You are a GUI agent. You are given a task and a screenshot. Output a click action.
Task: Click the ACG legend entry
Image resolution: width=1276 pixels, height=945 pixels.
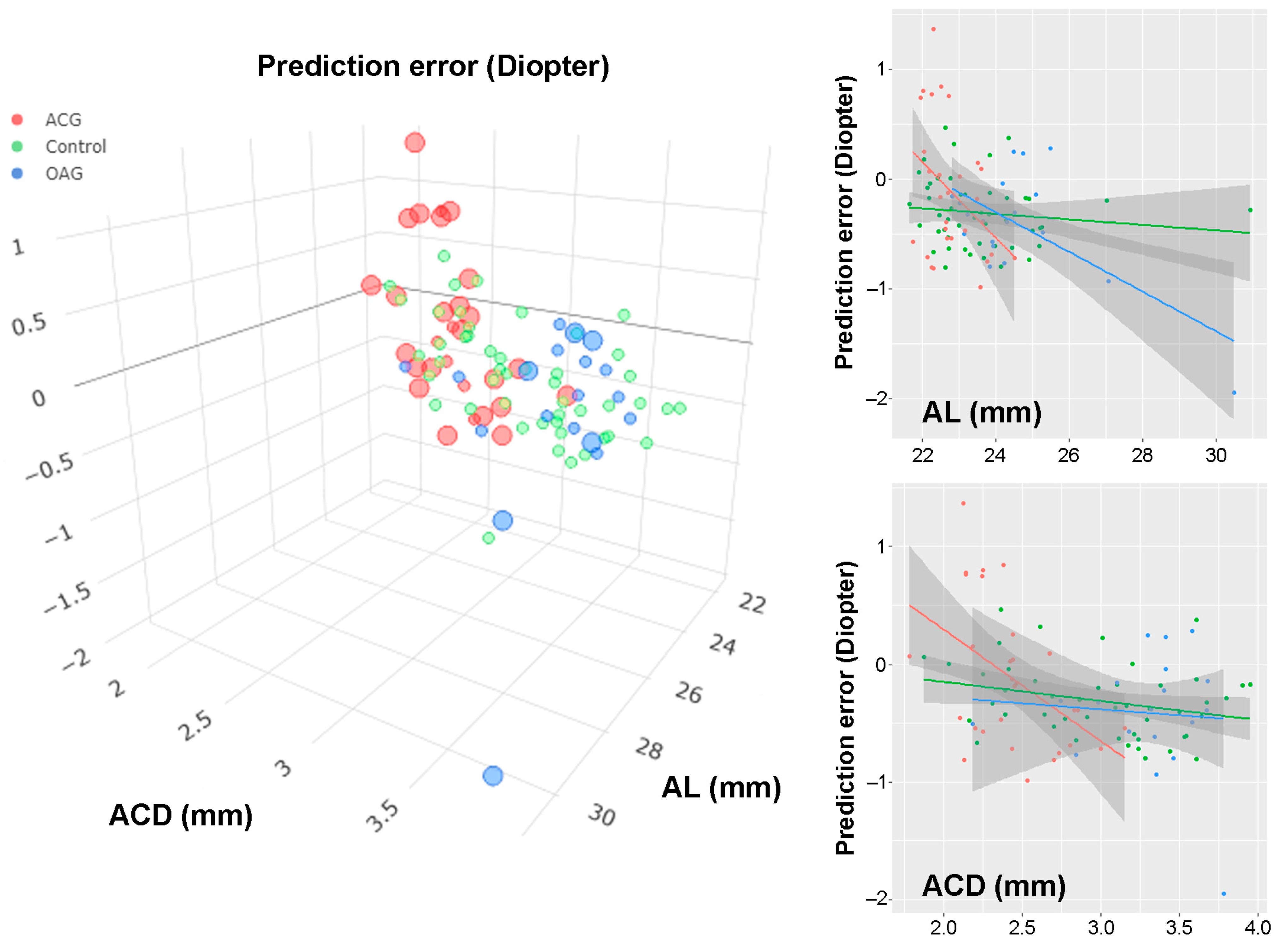[x=63, y=120]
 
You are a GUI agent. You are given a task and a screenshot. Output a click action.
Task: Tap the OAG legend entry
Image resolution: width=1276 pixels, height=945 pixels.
[x=64, y=173]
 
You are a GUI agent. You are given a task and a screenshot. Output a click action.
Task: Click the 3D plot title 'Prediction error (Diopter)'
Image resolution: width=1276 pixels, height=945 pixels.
[x=433, y=66]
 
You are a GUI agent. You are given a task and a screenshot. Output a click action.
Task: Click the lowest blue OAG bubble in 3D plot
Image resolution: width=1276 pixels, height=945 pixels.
[x=492, y=776]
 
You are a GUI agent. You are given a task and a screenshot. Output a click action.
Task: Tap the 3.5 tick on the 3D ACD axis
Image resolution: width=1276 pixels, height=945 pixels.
[x=382, y=817]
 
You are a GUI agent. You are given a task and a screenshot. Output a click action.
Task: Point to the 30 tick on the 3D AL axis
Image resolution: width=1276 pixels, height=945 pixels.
[x=601, y=814]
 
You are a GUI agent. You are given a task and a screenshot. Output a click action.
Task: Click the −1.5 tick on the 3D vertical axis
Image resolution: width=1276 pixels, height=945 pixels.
[x=67, y=598]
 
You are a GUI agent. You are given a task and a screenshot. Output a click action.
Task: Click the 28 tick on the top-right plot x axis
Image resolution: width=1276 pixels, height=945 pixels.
[x=1142, y=456]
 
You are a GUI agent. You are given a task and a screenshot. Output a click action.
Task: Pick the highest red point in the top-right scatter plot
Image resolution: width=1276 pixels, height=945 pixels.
[x=933, y=29]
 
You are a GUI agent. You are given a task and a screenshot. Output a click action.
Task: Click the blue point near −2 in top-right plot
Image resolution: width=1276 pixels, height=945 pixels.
[x=1234, y=393]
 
